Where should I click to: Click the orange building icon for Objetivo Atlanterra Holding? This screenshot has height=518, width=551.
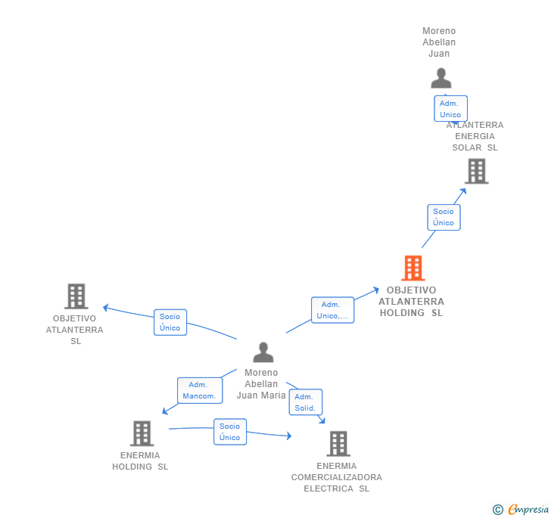412,268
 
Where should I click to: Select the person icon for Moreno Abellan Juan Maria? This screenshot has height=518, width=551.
263,352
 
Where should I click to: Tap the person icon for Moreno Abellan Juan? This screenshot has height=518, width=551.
440,78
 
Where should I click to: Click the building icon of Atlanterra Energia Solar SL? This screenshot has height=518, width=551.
476,172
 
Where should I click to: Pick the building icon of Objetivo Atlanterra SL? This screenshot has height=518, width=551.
76,296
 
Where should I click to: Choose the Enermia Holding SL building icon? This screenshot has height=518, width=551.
142,433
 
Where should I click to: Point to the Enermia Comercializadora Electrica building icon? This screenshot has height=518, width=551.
338,444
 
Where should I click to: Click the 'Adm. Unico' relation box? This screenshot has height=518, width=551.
450,109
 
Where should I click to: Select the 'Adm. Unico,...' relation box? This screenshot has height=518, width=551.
332,310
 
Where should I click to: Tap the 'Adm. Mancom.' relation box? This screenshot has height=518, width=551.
199,390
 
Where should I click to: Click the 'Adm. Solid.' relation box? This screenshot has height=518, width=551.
305,402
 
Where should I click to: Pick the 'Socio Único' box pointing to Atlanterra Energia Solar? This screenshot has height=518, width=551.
444,217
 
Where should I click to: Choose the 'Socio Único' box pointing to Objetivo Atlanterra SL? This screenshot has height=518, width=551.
170,322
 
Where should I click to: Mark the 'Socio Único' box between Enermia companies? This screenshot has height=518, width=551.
229,432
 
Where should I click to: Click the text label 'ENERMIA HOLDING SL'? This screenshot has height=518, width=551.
140,461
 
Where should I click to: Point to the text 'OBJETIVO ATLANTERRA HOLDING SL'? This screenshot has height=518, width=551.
412,301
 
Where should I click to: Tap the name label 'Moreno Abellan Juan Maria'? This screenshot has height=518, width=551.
261,383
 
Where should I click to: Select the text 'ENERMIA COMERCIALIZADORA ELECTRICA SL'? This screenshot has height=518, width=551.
337,477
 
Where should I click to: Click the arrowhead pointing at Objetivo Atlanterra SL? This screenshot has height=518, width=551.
106,307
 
